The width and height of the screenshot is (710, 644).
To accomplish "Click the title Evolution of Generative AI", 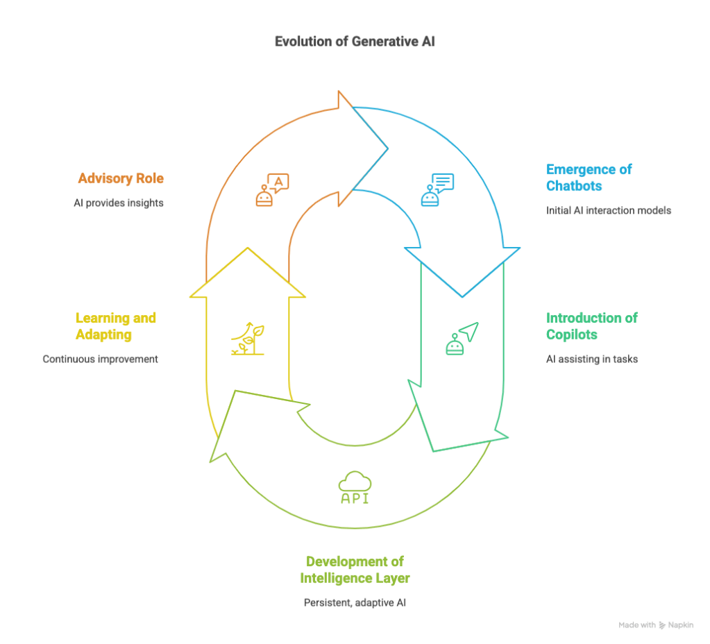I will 355,42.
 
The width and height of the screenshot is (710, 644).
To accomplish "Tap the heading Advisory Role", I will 121,178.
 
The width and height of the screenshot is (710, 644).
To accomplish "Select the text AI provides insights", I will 119,203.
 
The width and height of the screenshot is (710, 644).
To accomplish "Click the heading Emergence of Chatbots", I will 589,177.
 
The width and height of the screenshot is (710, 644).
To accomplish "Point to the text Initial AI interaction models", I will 609,210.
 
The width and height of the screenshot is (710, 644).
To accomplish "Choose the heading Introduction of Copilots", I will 591,326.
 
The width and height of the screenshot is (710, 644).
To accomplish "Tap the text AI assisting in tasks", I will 591,359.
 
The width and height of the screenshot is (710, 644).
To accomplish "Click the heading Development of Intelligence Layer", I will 355,569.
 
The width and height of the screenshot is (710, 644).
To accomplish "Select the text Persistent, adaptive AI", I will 355,602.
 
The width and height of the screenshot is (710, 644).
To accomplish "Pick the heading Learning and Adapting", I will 115,326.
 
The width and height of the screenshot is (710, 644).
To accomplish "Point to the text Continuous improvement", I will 100,359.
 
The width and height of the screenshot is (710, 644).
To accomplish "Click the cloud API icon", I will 355,488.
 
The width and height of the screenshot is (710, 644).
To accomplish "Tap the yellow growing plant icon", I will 248,339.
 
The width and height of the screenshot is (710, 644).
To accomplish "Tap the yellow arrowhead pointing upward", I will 247,274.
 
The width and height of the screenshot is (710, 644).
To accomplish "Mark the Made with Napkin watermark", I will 655,625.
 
